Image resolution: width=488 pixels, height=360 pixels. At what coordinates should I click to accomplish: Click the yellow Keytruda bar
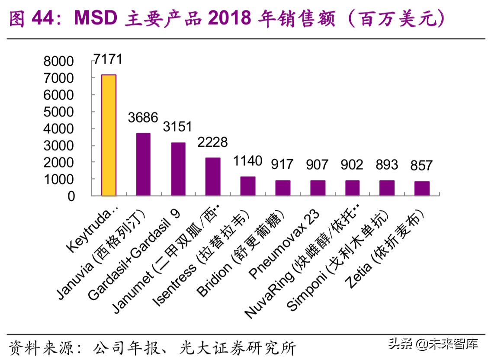[109, 135]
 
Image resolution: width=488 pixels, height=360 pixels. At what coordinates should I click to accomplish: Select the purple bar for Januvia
[143, 164]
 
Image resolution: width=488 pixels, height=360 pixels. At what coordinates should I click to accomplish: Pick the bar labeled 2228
[213, 177]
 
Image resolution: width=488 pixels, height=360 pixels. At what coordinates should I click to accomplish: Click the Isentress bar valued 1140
[248, 186]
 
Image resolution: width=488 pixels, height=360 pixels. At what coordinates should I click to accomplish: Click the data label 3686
[143, 117]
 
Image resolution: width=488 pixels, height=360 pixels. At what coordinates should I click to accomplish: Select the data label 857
[421, 165]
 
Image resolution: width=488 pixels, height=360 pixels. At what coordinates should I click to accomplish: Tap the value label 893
[386, 164]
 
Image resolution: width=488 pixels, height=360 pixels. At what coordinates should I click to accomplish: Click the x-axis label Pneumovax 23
[287, 244]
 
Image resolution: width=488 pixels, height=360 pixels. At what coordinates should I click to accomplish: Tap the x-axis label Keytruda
[93, 230]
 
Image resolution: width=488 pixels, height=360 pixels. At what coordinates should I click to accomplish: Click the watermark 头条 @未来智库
[433, 344]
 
